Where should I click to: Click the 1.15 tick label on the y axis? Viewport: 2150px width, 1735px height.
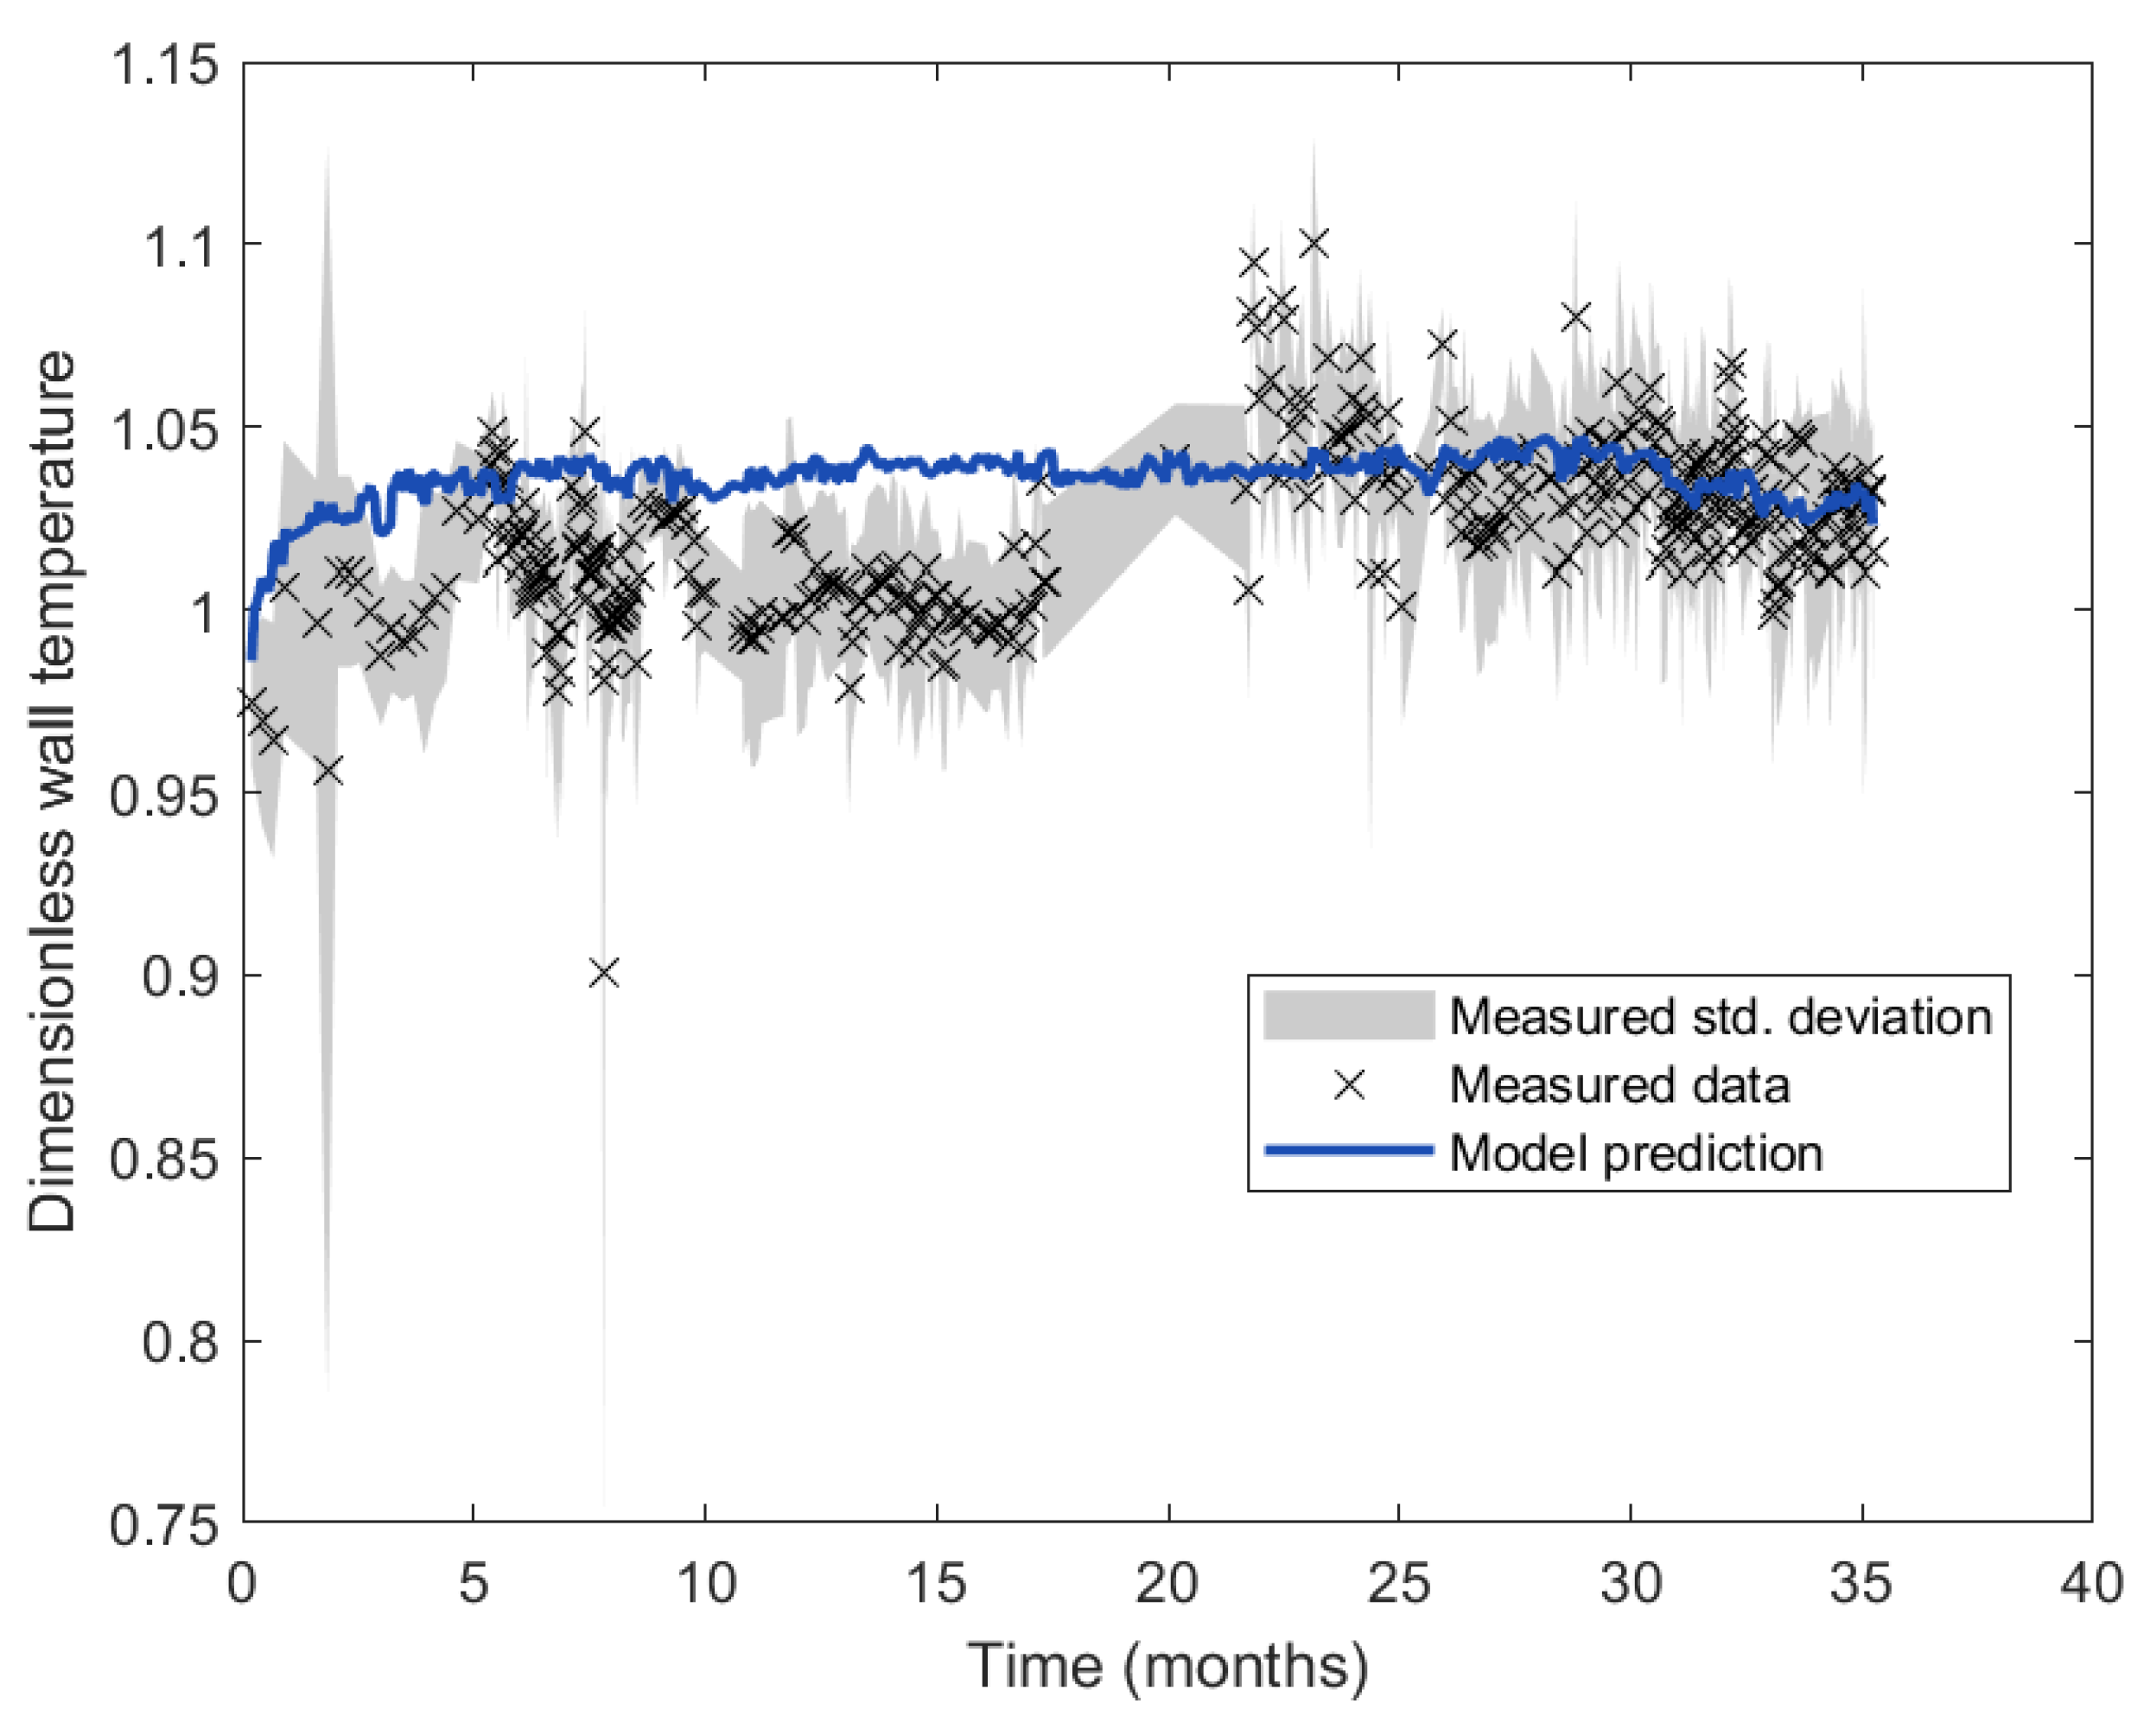(164, 65)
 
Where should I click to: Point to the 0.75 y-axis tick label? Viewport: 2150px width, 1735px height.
(164, 1526)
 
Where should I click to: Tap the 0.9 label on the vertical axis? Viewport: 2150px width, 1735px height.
(179, 976)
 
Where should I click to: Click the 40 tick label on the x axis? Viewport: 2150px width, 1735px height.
(2091, 1583)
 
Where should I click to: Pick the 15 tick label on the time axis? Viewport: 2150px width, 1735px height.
(937, 1583)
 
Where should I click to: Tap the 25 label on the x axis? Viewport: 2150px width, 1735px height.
(1398, 1583)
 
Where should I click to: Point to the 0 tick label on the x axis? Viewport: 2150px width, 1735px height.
(243, 1583)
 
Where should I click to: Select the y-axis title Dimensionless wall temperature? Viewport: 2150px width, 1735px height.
(52, 791)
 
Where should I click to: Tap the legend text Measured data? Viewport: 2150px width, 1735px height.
(1619, 1084)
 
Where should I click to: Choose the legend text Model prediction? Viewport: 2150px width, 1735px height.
(1636, 1153)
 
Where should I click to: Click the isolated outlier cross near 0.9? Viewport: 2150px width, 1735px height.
(604, 972)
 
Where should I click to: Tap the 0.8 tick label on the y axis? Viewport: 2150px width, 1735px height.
(179, 1342)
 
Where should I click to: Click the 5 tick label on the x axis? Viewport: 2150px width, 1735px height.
(474, 1583)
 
